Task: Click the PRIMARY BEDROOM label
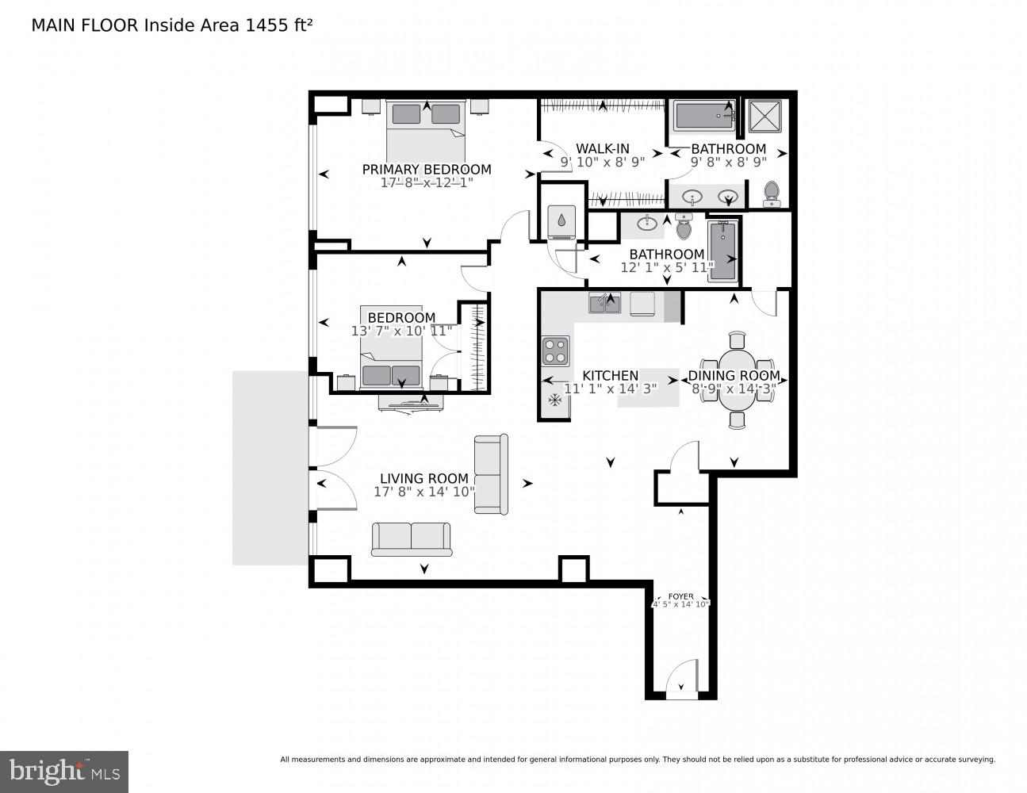[x=427, y=169]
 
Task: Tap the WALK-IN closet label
[x=603, y=148]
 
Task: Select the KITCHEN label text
[x=610, y=375]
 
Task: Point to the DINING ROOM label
[x=734, y=375]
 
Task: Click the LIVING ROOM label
[x=424, y=478]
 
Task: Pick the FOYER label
[x=680, y=596]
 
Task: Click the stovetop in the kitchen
[x=554, y=351]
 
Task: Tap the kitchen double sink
[x=604, y=303]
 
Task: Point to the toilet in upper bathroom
[x=771, y=193]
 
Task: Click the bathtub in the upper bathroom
[x=704, y=117]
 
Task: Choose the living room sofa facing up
[x=411, y=539]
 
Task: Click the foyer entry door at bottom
[x=680, y=680]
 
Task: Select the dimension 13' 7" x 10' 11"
[x=402, y=331]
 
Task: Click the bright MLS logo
[x=64, y=772]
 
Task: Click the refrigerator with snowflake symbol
[x=555, y=401]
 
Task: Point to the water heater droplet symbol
[x=562, y=220]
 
